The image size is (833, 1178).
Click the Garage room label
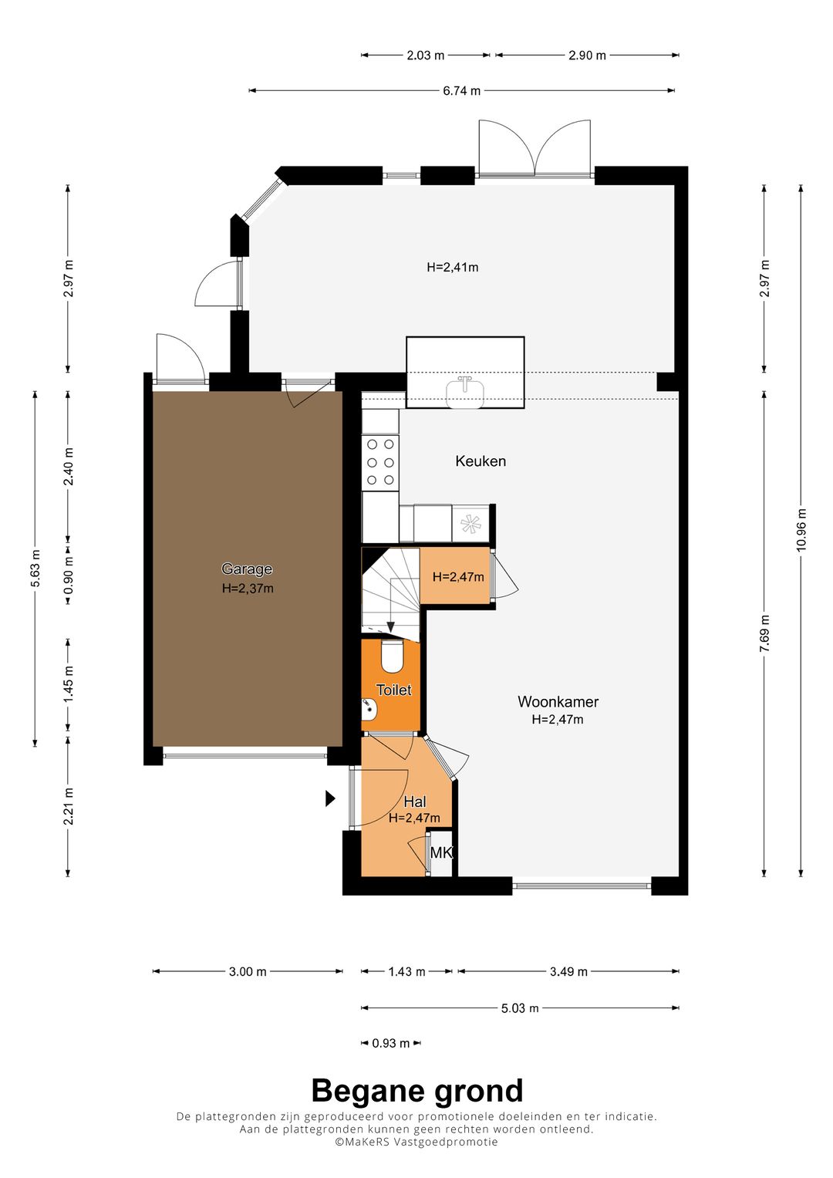point(247,569)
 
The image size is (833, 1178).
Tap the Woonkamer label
point(558,701)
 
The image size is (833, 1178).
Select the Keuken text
point(481,461)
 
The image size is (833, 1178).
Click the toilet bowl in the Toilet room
point(391,656)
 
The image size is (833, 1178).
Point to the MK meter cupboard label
point(441,852)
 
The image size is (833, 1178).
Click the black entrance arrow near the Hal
point(330,798)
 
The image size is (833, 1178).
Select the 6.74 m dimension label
point(461,91)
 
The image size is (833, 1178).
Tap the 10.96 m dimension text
point(801,529)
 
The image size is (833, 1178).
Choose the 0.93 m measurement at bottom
point(391,1043)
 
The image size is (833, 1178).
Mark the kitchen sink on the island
point(465,393)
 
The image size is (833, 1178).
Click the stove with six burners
point(380,462)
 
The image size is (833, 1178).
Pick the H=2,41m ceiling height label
point(452,267)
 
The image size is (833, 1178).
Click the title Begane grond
point(417,1091)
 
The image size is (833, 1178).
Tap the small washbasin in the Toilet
point(369,710)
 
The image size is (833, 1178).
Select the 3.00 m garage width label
point(248,971)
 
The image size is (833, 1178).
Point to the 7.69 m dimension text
point(764,633)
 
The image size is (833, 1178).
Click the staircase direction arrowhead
point(391,626)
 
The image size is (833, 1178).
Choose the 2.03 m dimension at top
point(426,56)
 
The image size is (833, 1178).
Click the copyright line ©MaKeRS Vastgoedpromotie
point(416,1141)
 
